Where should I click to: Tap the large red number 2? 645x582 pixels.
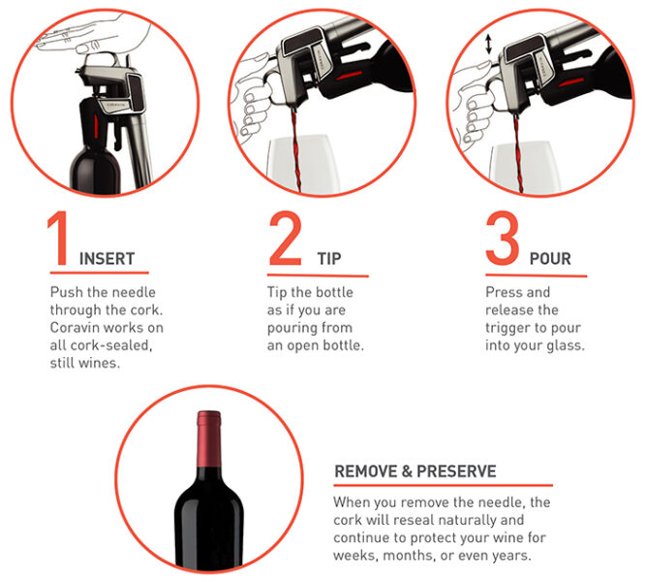(x=286, y=239)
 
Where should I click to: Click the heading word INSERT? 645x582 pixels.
(x=107, y=259)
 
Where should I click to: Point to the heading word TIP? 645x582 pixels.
(x=329, y=259)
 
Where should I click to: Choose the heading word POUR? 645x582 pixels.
(x=550, y=259)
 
